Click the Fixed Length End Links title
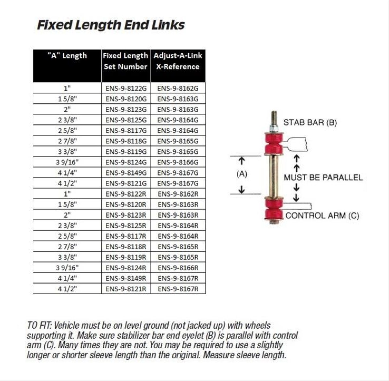click(111, 25)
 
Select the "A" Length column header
click(67, 56)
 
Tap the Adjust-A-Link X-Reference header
click(178, 61)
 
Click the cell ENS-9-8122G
click(126, 88)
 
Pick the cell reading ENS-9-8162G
click(178, 88)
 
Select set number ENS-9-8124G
click(126, 162)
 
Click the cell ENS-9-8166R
click(178, 268)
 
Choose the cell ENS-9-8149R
click(126, 278)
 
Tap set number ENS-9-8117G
click(126, 131)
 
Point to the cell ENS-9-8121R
click(126, 289)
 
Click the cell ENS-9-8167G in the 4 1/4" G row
click(178, 173)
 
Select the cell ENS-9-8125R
click(126, 225)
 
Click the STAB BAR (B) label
click(310, 123)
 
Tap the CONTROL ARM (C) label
click(322, 216)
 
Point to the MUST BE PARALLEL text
click(323, 178)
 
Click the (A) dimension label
click(242, 174)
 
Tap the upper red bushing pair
click(274, 143)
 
